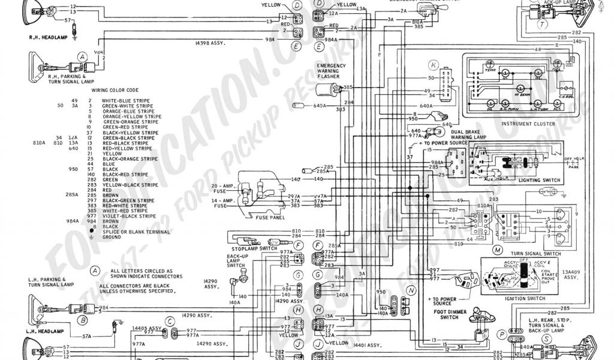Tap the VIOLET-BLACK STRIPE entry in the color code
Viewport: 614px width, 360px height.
(x=128, y=216)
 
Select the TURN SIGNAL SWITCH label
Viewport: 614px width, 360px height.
(x=534, y=254)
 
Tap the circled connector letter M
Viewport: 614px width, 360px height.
(x=497, y=249)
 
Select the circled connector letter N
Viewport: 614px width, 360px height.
(x=411, y=290)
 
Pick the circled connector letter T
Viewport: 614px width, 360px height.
(x=542, y=25)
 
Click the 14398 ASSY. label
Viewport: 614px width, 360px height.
(x=214, y=44)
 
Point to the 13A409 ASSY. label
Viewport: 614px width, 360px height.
(x=572, y=275)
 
